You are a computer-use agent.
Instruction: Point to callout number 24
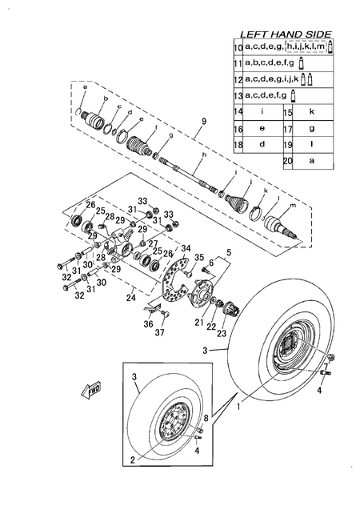(130, 298)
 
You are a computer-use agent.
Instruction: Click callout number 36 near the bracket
(146, 323)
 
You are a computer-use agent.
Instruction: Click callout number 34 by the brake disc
(186, 248)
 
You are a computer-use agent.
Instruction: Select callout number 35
(200, 257)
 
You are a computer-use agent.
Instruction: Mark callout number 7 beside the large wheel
(336, 367)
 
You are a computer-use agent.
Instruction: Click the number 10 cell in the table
(237, 50)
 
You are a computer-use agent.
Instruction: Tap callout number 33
(142, 201)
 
